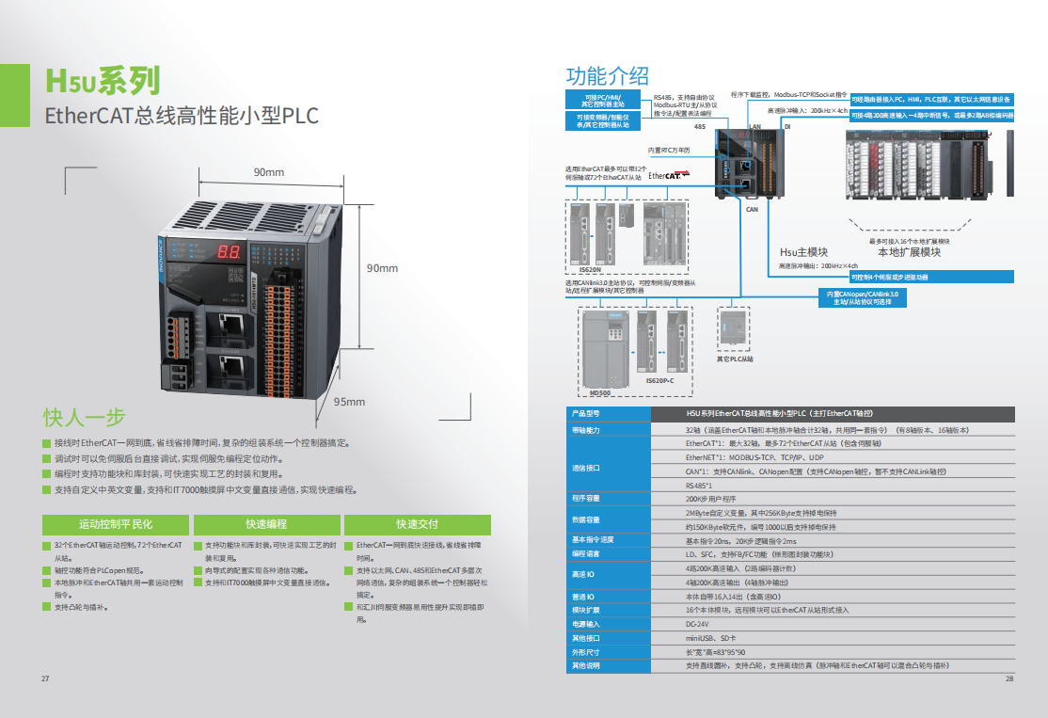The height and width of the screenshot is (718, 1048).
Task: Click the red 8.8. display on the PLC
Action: (x=228, y=252)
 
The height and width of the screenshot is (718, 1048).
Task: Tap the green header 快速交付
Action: (x=417, y=524)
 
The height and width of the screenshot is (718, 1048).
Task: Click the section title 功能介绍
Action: (x=607, y=76)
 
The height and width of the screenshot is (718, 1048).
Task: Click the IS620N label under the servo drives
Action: (x=590, y=270)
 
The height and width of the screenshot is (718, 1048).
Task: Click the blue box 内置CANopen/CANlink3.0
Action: (x=862, y=297)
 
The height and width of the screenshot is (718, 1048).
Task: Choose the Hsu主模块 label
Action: (x=804, y=252)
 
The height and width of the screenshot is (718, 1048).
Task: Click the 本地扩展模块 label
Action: (x=909, y=252)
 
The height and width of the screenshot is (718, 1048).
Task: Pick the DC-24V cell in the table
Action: (x=697, y=624)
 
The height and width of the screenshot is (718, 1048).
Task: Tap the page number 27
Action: (x=44, y=679)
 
